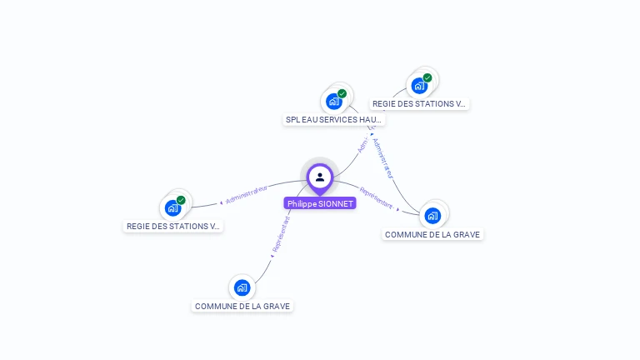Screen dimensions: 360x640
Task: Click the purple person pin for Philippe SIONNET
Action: pos(319,177)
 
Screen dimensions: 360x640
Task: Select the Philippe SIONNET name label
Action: pos(320,203)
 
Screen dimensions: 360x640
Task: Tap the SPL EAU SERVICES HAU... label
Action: pos(334,119)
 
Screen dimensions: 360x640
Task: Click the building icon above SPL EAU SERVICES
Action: pos(334,102)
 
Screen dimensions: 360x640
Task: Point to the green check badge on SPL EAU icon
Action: pos(342,94)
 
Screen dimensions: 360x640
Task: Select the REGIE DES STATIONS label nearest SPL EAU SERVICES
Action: pos(419,104)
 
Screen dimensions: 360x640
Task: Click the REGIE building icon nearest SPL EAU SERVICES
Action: pos(419,85)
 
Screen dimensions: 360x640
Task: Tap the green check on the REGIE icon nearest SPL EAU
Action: pos(427,77)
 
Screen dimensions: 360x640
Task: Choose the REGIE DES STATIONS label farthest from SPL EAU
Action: pos(173,226)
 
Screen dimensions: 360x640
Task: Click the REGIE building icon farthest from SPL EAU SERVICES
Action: pos(172,207)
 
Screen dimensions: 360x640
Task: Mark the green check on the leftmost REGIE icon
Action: pos(181,200)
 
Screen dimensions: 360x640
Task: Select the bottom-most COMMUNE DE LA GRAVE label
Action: pos(242,306)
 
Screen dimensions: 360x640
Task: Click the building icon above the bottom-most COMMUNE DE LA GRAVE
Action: pos(242,287)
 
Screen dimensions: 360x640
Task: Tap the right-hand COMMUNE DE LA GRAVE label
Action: pos(432,234)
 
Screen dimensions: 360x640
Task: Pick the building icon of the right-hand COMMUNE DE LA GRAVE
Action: pos(432,216)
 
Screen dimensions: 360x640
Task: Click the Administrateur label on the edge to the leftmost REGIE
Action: pos(247,195)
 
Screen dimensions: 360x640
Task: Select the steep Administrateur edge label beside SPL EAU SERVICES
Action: pos(382,157)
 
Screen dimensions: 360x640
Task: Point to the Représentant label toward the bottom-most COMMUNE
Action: pos(282,234)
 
